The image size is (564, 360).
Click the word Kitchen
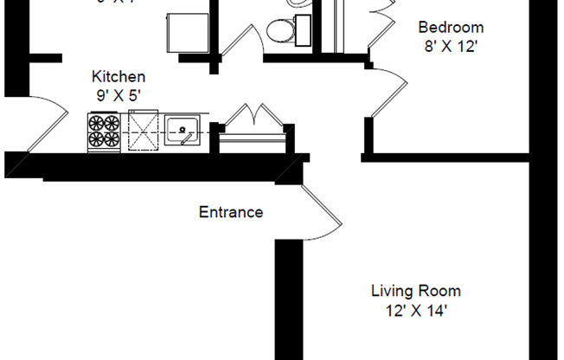tap(119, 77)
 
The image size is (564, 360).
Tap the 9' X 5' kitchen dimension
tap(119, 94)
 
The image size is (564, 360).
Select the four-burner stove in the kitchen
tap(104, 131)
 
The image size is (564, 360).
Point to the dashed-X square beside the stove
tap(144, 132)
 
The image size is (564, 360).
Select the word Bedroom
tap(451, 28)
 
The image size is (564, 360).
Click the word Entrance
tap(231, 212)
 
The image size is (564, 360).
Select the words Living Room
tap(416, 291)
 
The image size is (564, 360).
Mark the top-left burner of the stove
tap(96, 123)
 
